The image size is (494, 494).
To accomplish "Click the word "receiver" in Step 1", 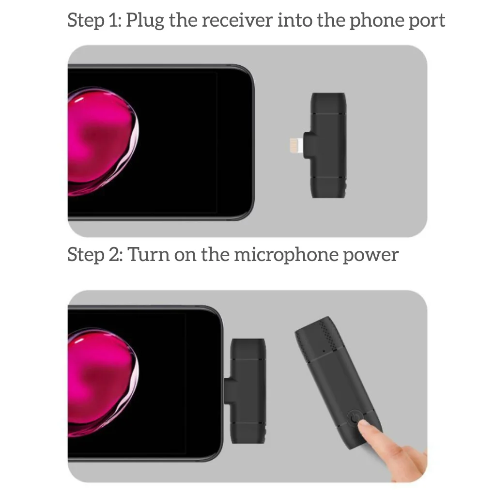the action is coord(237,20).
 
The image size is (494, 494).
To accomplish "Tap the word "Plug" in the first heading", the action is coord(145,21).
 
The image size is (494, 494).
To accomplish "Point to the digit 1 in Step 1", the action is coord(114,20).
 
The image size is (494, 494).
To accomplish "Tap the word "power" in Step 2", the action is coord(370,256).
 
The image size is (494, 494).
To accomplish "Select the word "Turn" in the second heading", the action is coord(148,255).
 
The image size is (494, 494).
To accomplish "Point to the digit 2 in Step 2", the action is coord(114,255).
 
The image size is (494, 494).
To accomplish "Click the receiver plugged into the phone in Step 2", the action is coord(246,391).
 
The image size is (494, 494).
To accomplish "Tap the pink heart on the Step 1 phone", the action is coord(103,141).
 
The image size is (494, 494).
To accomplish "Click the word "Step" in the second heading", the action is coord(85,255).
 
